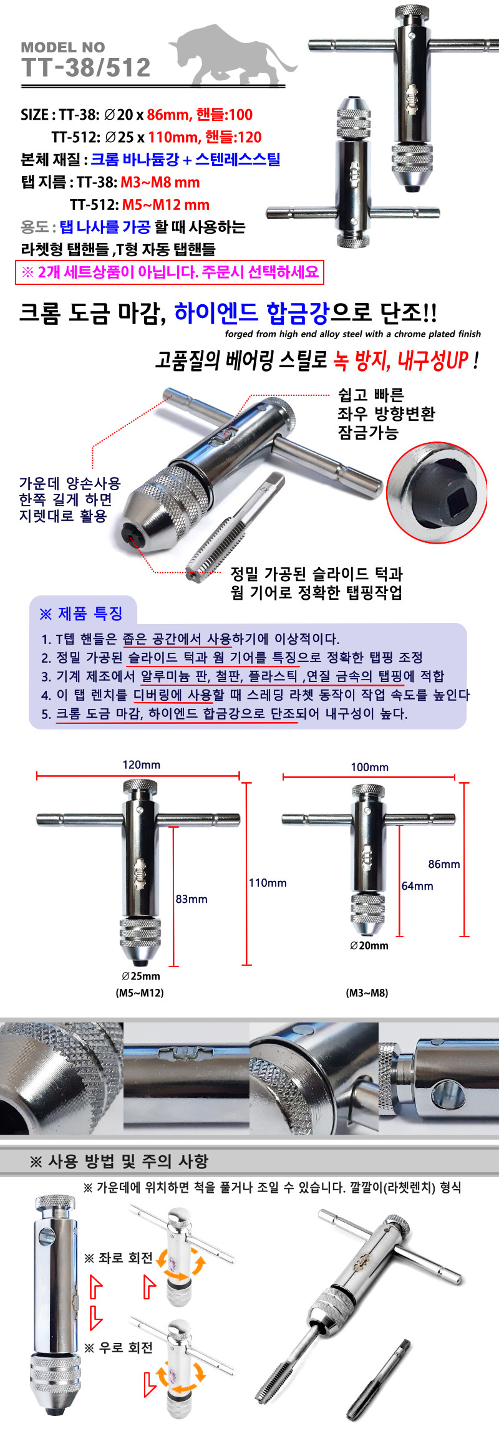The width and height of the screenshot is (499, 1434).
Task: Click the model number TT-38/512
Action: click(x=86, y=67)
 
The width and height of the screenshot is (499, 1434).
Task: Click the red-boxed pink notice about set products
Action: click(x=170, y=272)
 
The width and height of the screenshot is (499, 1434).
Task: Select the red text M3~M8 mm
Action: click(x=160, y=183)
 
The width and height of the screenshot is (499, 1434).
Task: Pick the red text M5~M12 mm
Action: click(x=166, y=205)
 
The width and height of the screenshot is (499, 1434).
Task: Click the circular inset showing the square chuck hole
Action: click(x=437, y=493)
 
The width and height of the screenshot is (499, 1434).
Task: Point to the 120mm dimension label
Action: click(x=142, y=765)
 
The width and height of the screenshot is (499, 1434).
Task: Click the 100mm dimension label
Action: click(x=370, y=768)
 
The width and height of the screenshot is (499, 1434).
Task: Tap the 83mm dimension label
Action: click(x=191, y=899)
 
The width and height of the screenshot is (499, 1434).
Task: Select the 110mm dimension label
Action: click(x=268, y=883)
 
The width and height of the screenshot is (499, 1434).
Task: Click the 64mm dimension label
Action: click(x=417, y=886)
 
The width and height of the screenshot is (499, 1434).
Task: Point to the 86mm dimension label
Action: click(x=444, y=864)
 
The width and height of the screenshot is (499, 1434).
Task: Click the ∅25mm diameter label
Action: click(x=141, y=976)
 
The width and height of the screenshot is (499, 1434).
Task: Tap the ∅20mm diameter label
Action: click(x=369, y=945)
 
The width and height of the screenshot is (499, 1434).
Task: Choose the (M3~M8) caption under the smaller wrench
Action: click(x=367, y=993)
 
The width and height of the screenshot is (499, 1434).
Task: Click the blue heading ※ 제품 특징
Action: click(x=81, y=614)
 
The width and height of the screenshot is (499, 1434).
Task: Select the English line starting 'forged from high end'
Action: click(x=353, y=334)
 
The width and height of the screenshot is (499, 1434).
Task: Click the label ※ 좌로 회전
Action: click(x=119, y=1258)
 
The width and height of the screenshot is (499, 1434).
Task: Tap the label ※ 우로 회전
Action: click(x=119, y=1348)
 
